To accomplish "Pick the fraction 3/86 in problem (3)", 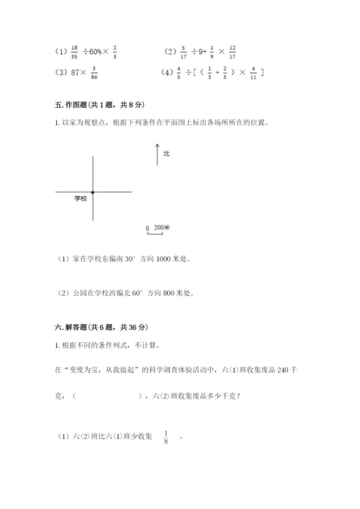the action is click(x=94, y=73).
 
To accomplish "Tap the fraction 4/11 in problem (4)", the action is click(x=253, y=73).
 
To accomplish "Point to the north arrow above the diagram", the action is click(x=157, y=154).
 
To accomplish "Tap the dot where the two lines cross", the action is click(x=93, y=192).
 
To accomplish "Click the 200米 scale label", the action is click(x=161, y=228).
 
